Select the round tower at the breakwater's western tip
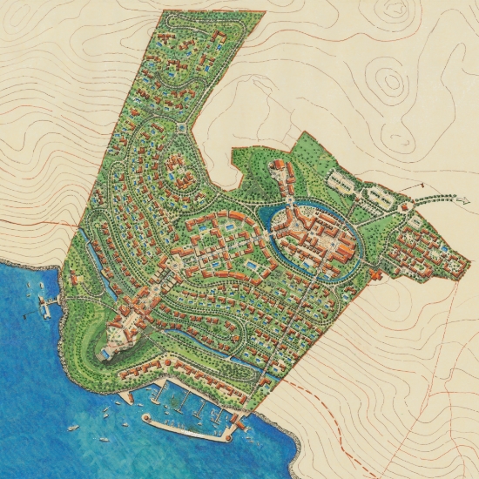[147, 419]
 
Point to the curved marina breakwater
[187, 428]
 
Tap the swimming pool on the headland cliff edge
[105, 354]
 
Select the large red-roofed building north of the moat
[281, 172]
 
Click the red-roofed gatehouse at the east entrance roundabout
[406, 207]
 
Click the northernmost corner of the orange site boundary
[164, 11]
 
